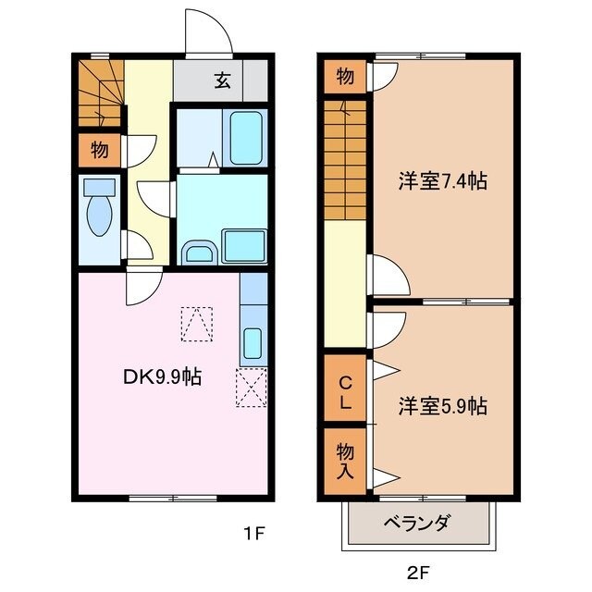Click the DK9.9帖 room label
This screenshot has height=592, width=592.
coord(164,376)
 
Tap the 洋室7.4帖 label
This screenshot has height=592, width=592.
coord(442,182)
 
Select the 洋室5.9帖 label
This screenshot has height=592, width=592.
coord(443,405)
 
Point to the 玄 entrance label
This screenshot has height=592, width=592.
coord(223,80)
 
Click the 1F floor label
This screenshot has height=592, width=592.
coord(254,533)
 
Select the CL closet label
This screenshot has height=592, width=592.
coord(344,392)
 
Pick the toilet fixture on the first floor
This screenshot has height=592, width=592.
coord(97,210)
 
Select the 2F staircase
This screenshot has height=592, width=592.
coord(346,161)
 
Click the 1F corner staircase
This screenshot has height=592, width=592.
coord(99,92)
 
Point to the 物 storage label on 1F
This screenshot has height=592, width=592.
coord(99,148)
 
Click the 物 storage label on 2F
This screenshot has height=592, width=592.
coord(344,78)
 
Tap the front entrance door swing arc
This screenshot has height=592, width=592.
coord(207,33)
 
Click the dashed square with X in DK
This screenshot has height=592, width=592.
coord(251,387)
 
